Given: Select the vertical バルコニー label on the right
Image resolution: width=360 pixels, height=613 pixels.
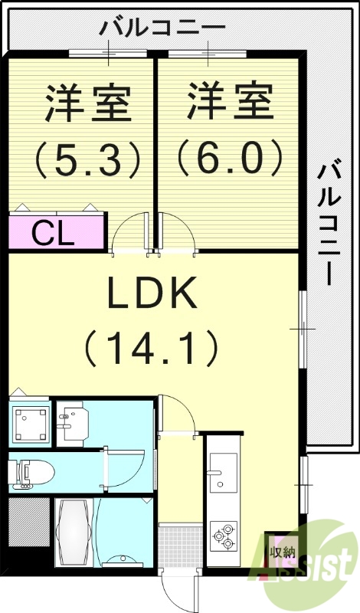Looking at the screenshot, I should click(x=331, y=222).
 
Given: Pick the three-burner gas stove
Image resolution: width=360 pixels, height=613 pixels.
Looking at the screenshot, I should click(x=224, y=536).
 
